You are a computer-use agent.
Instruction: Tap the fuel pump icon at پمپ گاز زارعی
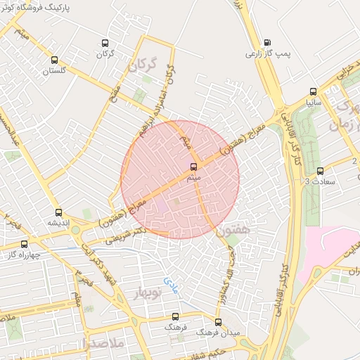(267, 42)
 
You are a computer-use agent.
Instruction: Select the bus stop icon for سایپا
(313, 91)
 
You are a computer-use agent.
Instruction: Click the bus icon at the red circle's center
(194, 167)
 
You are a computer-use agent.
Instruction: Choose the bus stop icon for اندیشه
(58, 212)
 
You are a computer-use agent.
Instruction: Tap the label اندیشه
(60, 223)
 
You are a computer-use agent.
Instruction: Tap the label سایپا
(314, 102)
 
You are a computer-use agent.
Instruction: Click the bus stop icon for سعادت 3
(321, 171)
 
